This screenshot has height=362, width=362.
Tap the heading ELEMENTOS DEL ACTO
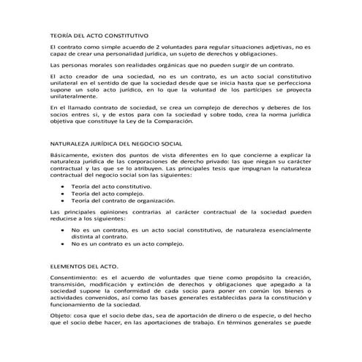click(80, 267)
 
